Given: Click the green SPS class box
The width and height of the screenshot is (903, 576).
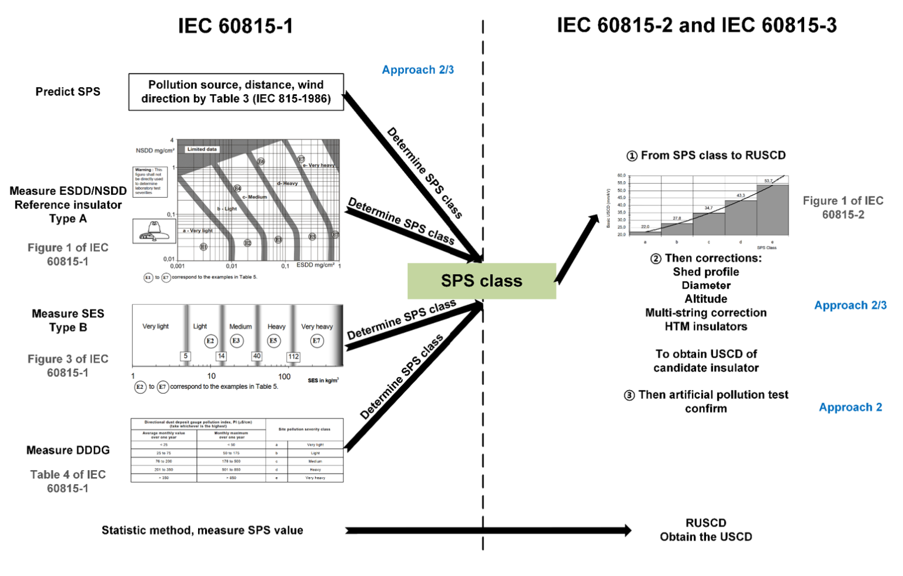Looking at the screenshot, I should [x=481, y=281].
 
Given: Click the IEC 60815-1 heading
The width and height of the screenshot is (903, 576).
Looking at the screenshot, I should [x=235, y=26].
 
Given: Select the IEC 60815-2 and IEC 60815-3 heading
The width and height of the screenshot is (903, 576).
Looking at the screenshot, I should [x=696, y=25].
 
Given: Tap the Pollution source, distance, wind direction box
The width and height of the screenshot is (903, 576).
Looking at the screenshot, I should [x=236, y=92].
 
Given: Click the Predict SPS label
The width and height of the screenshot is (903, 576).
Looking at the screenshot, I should [x=68, y=92].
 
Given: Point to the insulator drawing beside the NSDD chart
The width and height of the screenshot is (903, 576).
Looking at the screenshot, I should [x=153, y=231].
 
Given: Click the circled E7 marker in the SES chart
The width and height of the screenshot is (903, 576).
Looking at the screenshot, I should [x=317, y=341].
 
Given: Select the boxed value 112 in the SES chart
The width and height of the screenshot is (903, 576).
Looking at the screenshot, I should [x=293, y=357].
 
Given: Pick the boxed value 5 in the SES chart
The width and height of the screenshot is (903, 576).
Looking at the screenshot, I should [x=186, y=356].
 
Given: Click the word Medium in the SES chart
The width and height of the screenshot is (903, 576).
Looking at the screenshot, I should [x=240, y=327].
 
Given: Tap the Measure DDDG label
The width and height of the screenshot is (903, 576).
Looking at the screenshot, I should [x=68, y=450].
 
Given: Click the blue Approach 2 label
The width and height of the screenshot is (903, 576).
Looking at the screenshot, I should [x=850, y=407].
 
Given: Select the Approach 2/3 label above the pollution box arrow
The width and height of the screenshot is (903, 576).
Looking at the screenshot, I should [x=417, y=69].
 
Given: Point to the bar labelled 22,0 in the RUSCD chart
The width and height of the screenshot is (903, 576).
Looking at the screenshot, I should [x=645, y=233].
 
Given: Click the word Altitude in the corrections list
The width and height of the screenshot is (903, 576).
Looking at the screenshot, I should [x=705, y=299].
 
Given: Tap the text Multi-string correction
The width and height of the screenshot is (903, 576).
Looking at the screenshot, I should [x=705, y=313].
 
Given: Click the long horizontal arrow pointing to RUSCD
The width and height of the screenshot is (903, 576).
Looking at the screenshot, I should [x=488, y=530].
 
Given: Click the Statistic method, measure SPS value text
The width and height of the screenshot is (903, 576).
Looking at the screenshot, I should [x=202, y=530].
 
